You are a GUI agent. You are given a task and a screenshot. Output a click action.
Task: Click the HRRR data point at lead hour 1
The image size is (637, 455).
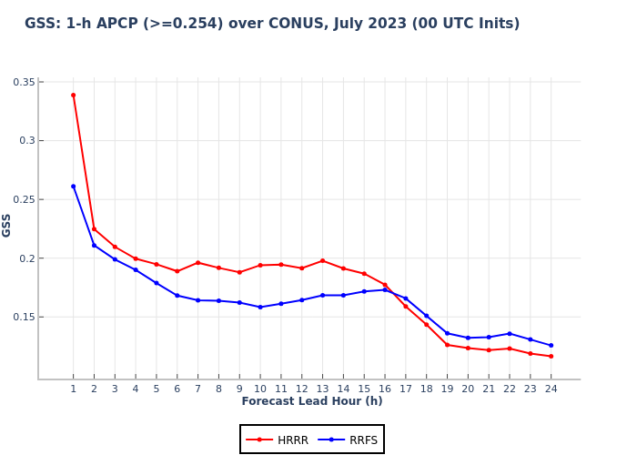[x=73, y=95]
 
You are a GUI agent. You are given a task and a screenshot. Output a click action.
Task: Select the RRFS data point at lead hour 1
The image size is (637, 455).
[x=73, y=187]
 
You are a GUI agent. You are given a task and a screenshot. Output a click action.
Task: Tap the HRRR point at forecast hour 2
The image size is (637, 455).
[x=94, y=228]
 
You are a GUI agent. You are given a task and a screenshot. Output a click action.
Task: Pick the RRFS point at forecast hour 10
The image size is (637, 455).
[x=260, y=307]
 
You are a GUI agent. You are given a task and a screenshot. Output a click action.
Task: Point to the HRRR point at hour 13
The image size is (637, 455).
[x=322, y=260]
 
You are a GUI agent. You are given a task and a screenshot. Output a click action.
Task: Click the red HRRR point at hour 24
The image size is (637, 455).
[x=551, y=356]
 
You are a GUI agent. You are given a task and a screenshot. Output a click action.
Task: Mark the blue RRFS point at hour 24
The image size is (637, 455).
[x=551, y=345]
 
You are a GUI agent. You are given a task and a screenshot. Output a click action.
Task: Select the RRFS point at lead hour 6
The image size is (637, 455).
[x=177, y=296]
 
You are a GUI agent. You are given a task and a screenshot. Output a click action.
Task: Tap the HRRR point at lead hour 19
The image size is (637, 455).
[x=447, y=345]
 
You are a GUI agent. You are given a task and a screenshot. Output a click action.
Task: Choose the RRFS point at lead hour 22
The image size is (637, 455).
[x=510, y=333]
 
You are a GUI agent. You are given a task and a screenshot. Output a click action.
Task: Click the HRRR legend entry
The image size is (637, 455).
[x=278, y=440]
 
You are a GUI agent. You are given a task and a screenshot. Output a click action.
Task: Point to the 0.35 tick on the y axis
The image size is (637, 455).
[x=24, y=82]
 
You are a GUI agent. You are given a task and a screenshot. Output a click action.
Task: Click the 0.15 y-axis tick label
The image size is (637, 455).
[x=24, y=317]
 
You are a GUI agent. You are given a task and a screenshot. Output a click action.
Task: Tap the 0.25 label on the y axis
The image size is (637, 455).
[x=24, y=199]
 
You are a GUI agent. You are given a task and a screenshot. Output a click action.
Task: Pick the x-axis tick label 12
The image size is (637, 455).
[x=301, y=389]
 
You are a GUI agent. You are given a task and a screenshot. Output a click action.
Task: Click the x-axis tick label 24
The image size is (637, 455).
[x=551, y=389]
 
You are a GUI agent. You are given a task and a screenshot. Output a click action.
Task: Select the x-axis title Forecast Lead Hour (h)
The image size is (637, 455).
[x=312, y=401]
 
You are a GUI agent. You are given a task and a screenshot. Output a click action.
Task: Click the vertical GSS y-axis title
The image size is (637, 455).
[x=7, y=225]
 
